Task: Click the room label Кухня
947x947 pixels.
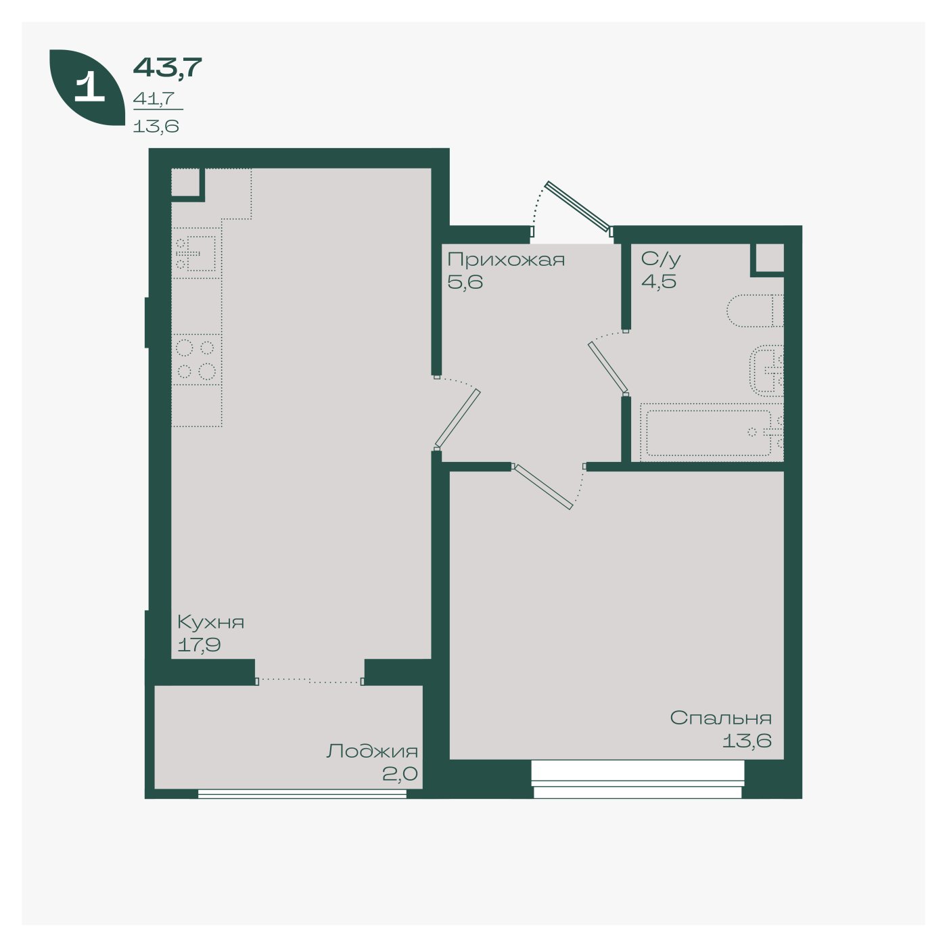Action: pyautogui.click(x=210, y=622)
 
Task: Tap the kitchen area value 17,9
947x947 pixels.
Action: pyautogui.click(x=199, y=645)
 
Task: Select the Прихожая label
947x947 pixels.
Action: pyautogui.click(x=506, y=260)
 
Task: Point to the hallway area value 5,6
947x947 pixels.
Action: pyautogui.click(x=465, y=282)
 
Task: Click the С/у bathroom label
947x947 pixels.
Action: pyautogui.click(x=660, y=259)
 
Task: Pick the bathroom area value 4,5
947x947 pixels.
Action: pyautogui.click(x=659, y=282)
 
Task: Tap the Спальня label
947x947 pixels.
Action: pyautogui.click(x=720, y=718)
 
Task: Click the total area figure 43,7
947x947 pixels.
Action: pyautogui.click(x=168, y=67)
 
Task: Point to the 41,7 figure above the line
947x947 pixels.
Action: pyautogui.click(x=154, y=99)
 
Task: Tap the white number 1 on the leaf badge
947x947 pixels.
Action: pyautogui.click(x=89, y=87)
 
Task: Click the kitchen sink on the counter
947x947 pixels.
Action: pyautogui.click(x=197, y=253)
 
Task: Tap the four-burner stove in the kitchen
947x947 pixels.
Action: pyautogui.click(x=196, y=360)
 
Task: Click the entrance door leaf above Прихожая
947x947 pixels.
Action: pyautogui.click(x=579, y=206)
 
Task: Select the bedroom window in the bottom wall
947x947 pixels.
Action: pyautogui.click(x=637, y=779)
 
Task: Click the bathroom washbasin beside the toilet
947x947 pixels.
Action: pyautogui.click(x=766, y=371)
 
